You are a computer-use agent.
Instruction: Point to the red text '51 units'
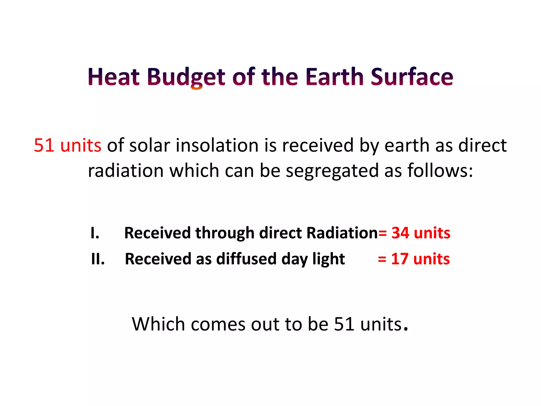click(68, 145)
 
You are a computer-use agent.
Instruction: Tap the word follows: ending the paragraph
click(440, 170)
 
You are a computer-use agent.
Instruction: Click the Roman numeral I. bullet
click(95, 233)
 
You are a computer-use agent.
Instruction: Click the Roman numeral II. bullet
click(98, 259)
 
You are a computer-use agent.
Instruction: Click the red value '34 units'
click(421, 233)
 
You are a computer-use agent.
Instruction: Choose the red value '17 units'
click(420, 259)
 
